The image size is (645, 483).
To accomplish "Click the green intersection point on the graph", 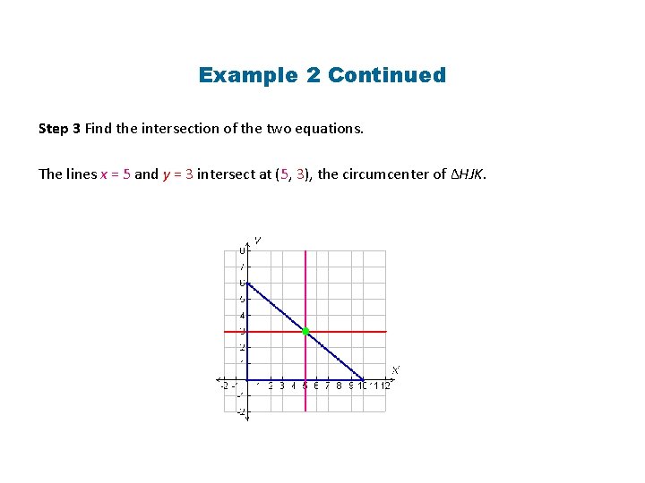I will (305, 332).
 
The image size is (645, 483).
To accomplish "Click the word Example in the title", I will (249, 75).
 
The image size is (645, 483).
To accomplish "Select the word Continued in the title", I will (387, 75).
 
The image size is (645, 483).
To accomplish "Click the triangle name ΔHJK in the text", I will (469, 174).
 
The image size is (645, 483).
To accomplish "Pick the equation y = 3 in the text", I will (178, 174).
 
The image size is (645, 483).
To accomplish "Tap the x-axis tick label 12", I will (385, 386).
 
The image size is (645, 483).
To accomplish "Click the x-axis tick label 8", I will (339, 386).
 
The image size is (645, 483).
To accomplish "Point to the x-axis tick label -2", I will (225, 386).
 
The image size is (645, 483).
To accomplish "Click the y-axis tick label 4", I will (241, 316).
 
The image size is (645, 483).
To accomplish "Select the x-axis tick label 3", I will (281, 386).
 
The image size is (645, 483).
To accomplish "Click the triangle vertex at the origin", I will (246, 379).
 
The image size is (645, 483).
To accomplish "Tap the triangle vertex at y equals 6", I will (246, 284).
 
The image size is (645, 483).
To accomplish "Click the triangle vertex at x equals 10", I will (363, 379).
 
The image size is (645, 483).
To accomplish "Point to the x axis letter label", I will (396, 369).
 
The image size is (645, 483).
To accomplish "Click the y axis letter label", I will (257, 240).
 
